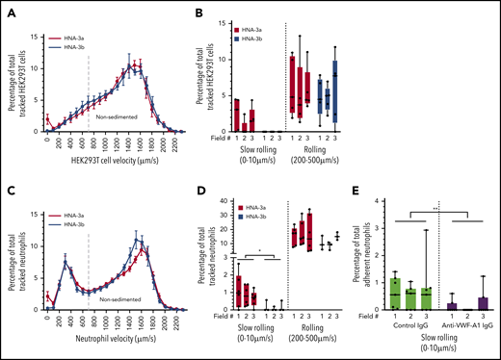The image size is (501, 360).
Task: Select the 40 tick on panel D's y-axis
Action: click(224, 201)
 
